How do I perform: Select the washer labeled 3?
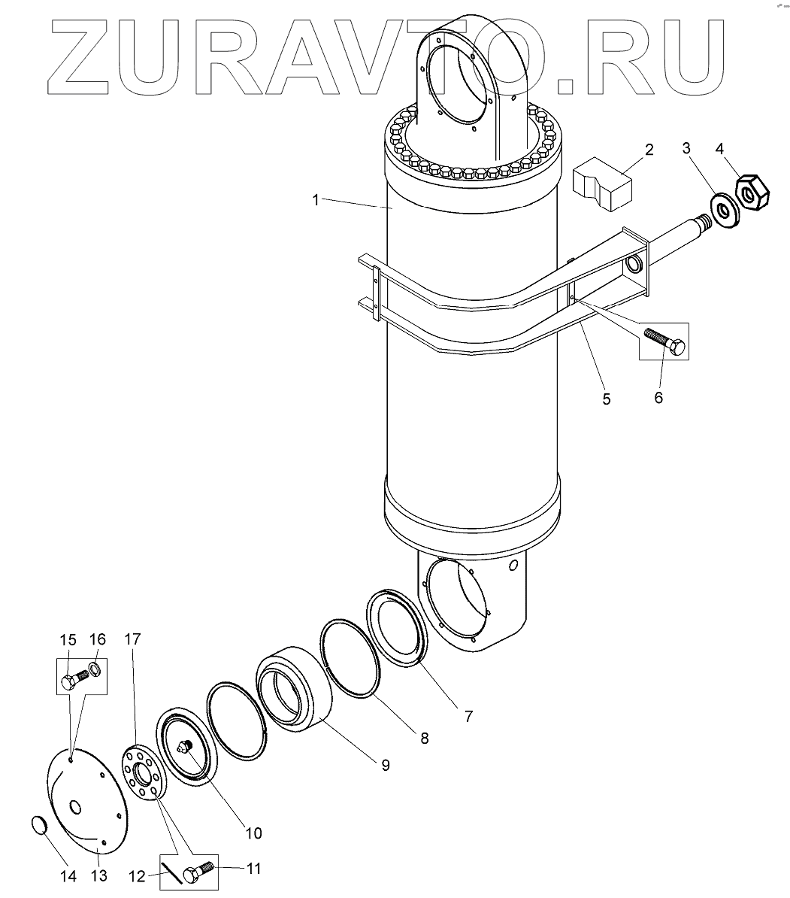click(725, 210)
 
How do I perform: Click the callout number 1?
click(316, 201)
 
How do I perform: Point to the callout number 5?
click(607, 399)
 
